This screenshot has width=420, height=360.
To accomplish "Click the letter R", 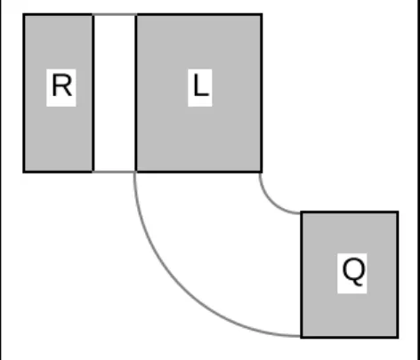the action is [x=61, y=86].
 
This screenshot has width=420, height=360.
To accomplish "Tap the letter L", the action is [x=200, y=85].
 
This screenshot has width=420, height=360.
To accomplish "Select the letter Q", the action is [x=353, y=272].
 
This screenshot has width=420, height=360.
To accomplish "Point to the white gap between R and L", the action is [x=115, y=92].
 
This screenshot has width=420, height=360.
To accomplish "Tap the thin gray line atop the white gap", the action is [x=115, y=14].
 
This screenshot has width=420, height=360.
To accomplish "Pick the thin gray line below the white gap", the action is [x=115, y=172].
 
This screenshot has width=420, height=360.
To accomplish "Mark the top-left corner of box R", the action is [x=24, y=14].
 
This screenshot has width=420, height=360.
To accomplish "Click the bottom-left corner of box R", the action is [x=24, y=172].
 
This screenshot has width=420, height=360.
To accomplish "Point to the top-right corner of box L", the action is [x=262, y=14].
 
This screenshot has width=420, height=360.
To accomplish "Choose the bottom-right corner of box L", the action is [x=262, y=172].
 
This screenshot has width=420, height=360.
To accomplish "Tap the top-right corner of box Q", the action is [x=398, y=212].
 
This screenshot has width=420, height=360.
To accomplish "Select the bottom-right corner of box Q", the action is [x=398, y=337].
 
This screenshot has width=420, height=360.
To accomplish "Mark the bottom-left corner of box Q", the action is [x=302, y=337].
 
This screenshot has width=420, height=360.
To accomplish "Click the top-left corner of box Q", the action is [x=302, y=212].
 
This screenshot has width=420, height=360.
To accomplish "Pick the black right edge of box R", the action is [x=93, y=92].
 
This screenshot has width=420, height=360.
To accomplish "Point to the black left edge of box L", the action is [x=136, y=92].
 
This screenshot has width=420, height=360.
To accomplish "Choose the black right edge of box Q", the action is [x=398, y=275].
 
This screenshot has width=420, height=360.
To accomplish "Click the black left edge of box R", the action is [x=24, y=92].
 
